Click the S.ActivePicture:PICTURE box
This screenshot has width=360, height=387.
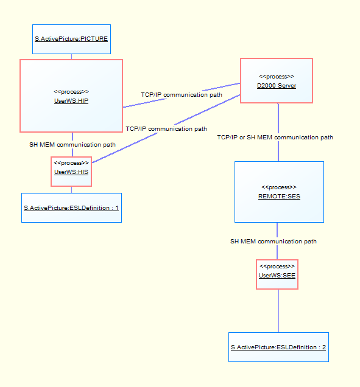(71, 39)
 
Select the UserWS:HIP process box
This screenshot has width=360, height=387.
(71, 96)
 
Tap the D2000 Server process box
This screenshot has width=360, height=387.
(276, 81)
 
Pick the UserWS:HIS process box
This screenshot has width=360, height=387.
(71, 172)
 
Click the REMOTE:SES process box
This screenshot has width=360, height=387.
(278, 192)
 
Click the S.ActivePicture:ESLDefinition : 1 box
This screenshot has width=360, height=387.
(71, 207)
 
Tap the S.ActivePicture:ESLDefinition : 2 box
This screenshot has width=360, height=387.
(278, 347)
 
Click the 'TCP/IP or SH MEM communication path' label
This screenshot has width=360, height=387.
(275, 138)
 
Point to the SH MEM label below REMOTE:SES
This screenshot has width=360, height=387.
(274, 242)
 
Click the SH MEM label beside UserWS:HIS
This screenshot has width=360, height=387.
(72, 145)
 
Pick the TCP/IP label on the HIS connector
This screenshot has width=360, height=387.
(166, 129)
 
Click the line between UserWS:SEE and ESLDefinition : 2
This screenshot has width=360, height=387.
(278, 310)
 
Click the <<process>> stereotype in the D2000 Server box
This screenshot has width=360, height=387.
(276, 77)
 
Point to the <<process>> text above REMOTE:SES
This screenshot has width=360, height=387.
(278, 187)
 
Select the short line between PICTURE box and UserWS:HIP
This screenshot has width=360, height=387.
(72, 57)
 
